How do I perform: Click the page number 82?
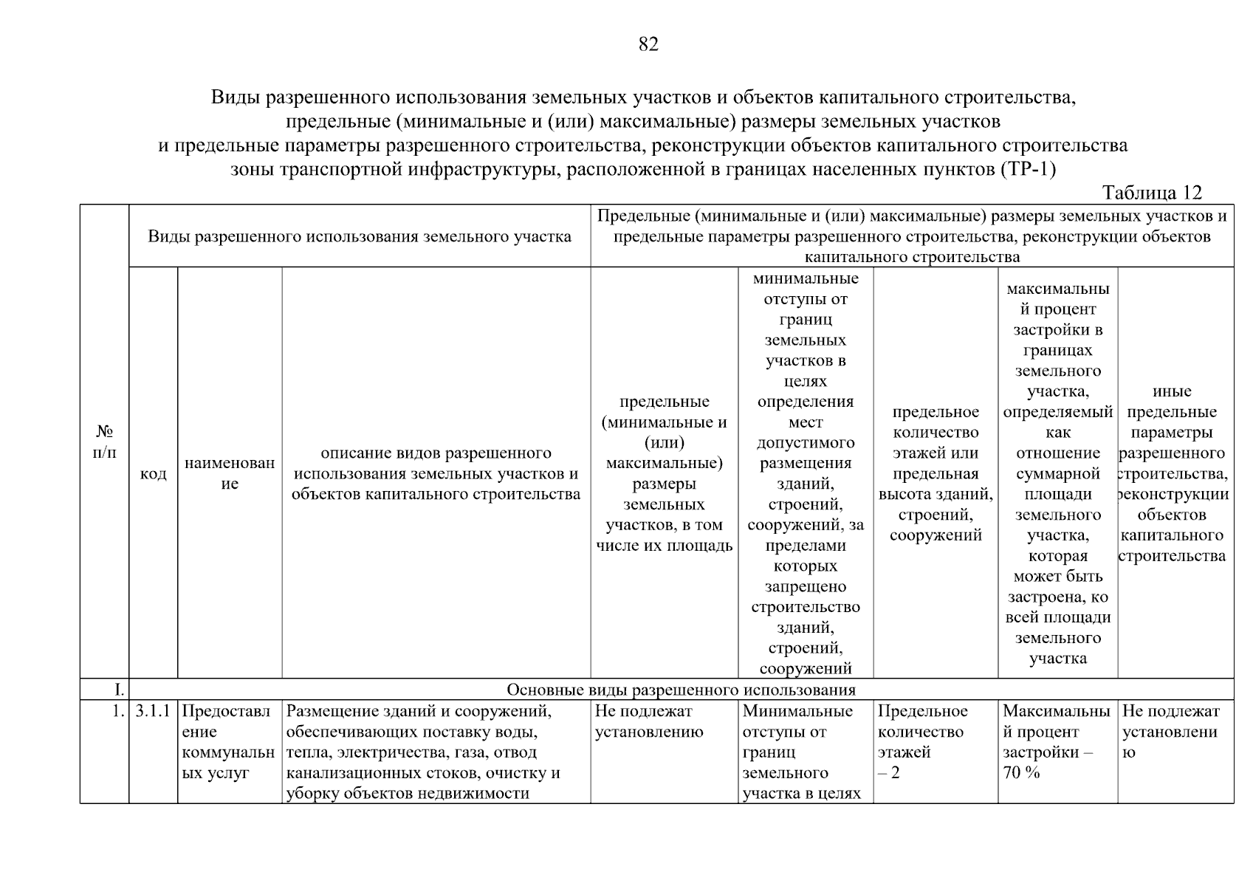coord(648,45)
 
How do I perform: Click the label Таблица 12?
coord(1151,193)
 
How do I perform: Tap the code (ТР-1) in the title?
coord(1028,169)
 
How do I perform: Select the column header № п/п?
coord(104,442)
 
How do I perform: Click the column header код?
coord(153,473)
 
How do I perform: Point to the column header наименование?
coord(230,473)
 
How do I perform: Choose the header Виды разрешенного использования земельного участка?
coord(360,236)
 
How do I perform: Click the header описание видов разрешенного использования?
coord(436,473)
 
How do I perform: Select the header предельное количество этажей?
coord(935,473)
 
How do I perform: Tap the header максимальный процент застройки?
coord(1057,473)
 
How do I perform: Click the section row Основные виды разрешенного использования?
coord(681,690)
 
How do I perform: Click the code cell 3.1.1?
coord(153,711)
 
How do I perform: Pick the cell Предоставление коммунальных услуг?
coord(227,742)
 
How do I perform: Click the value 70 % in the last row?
coord(1020,773)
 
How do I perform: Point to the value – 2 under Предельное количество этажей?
coord(888,773)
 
